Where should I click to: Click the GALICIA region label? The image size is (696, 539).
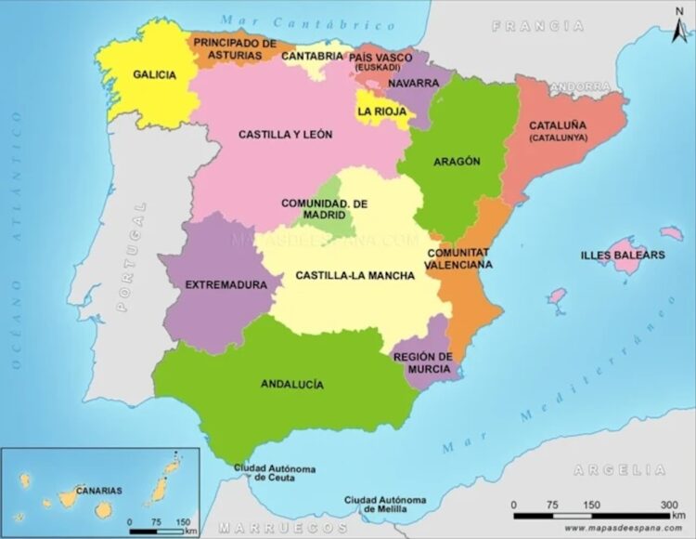pos(154,75)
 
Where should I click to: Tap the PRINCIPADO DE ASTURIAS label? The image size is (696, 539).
pos(235,49)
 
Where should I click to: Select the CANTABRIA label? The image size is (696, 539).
pos(312,56)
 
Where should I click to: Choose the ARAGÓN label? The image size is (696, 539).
pos(457,162)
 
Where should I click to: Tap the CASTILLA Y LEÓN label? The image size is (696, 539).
pos(285,135)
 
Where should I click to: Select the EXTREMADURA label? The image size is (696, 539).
pos(220,284)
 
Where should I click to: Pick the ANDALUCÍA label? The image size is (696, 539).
pos(291,384)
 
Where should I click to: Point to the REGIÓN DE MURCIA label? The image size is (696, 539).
pos(422,362)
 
